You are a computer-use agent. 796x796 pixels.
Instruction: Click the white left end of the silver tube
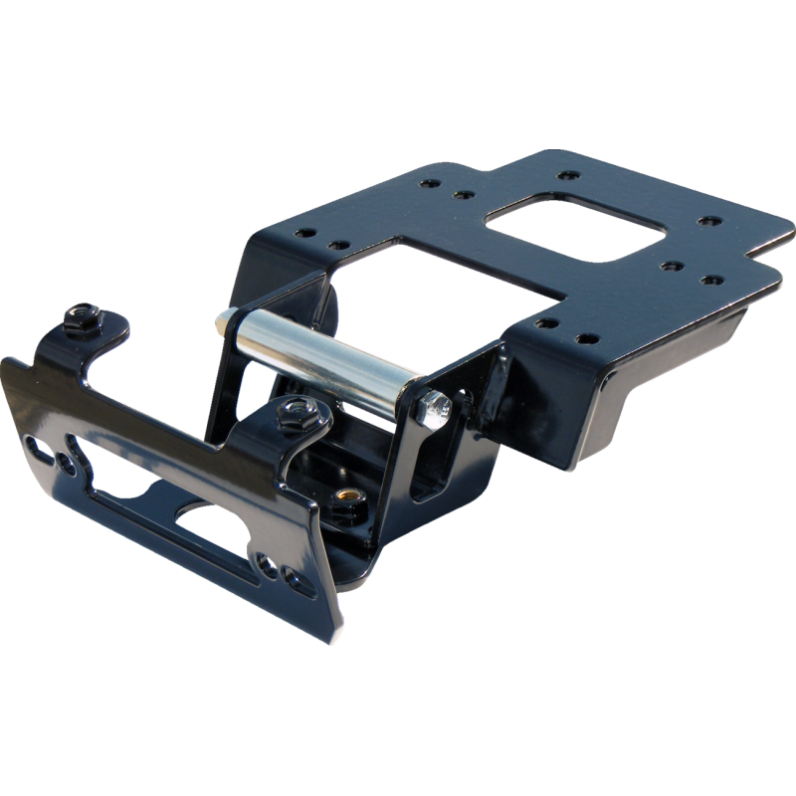pos(220,324)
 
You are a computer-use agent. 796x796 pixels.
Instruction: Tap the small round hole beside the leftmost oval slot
pos(67,463)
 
